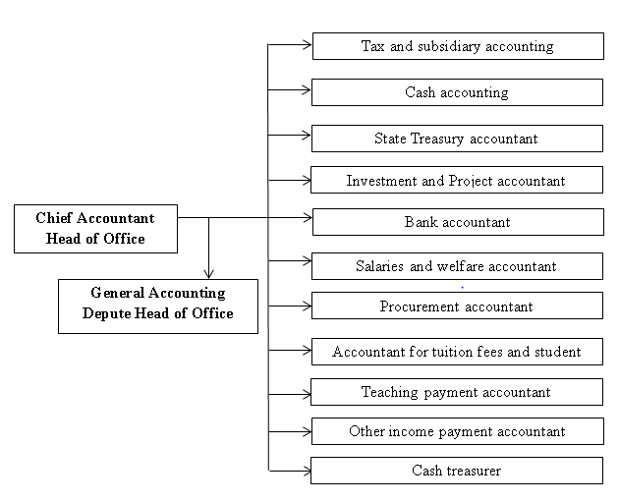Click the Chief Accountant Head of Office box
click(95, 229)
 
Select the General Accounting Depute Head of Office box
click(158, 307)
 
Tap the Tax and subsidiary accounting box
click(458, 46)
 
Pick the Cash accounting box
click(457, 92)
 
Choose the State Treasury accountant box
click(457, 139)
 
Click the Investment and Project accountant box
click(457, 180)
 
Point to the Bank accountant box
click(458, 222)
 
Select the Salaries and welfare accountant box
click(457, 266)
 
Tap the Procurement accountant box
click(457, 306)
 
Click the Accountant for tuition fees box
click(457, 352)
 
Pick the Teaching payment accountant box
click(457, 392)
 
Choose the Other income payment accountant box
click(458, 431)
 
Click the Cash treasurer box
click(457, 471)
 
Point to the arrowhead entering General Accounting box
click(209, 274)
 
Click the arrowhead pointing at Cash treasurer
click(307, 471)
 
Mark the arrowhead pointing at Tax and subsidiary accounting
click(308, 44)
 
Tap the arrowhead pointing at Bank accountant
click(308, 217)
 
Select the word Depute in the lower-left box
click(106, 313)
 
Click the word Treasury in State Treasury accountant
click(437, 139)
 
